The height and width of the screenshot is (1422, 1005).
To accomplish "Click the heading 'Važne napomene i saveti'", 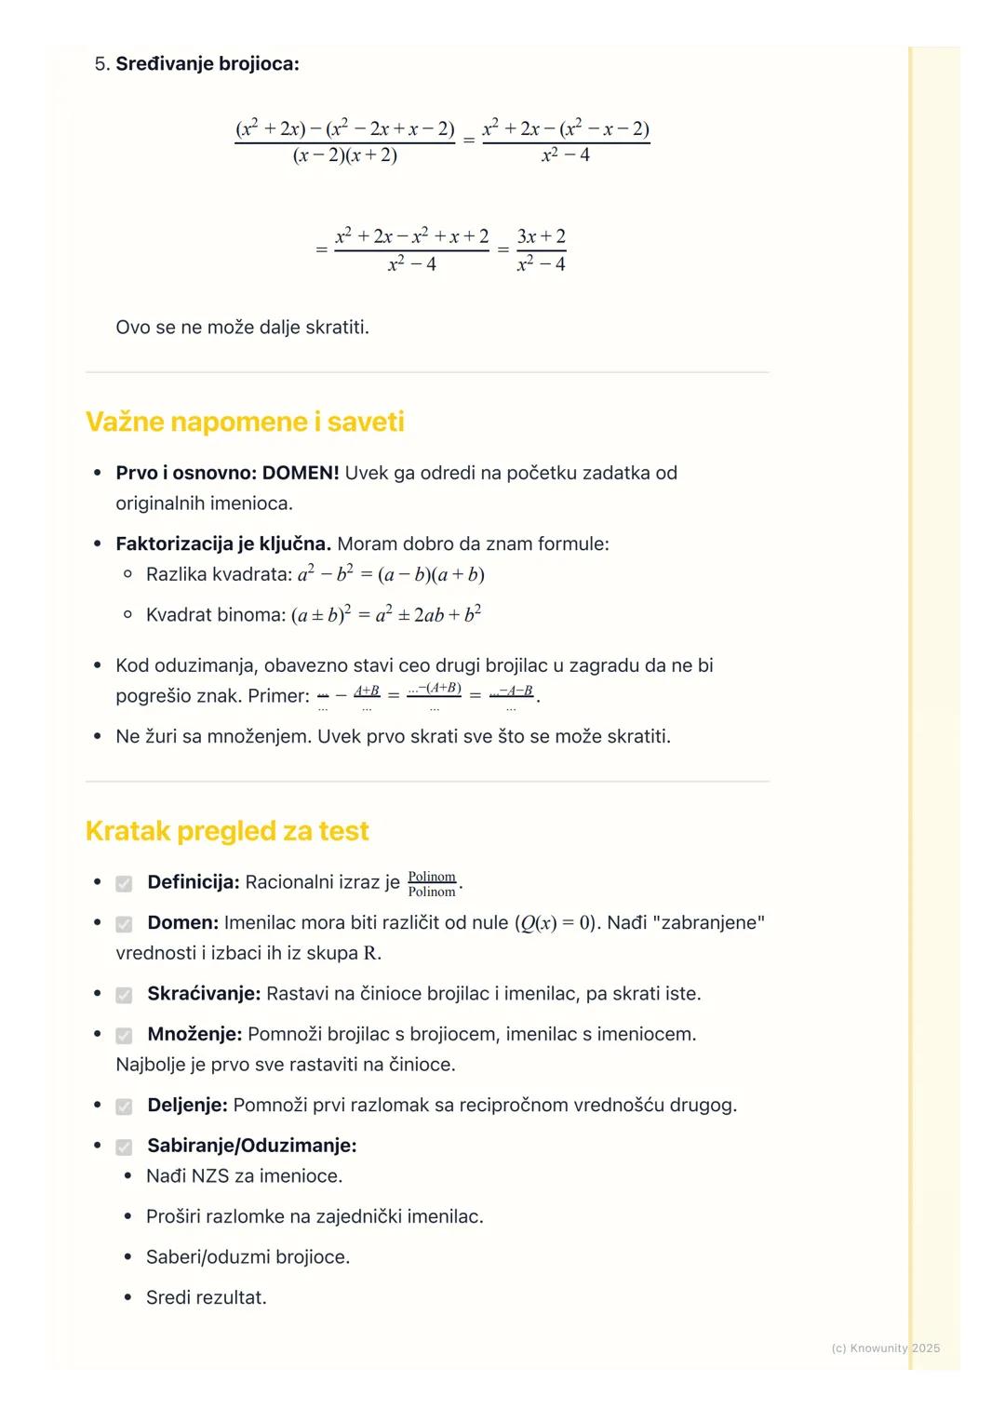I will pyautogui.click(x=245, y=423).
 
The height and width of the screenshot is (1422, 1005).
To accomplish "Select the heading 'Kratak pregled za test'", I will pyautogui.click(x=227, y=831).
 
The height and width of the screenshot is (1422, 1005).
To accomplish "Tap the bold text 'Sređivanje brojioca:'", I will pyautogui.click(x=208, y=64).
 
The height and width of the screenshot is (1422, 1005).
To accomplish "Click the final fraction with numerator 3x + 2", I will pyautogui.click(x=541, y=249).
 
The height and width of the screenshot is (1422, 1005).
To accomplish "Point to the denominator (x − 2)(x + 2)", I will pyautogui.click(x=344, y=155).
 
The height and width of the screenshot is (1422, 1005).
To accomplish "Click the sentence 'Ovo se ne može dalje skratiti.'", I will pyautogui.click(x=242, y=328).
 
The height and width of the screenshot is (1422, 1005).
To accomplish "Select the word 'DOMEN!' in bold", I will pyautogui.click(x=301, y=473).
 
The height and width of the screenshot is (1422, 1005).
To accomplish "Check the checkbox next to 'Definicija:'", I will pyautogui.click(x=124, y=883).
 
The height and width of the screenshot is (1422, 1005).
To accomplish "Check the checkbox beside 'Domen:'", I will pyautogui.click(x=124, y=924).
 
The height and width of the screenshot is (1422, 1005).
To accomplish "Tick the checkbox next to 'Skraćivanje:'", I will pyautogui.click(x=124, y=995).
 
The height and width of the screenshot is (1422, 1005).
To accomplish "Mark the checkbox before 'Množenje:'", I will pyautogui.click(x=124, y=1036).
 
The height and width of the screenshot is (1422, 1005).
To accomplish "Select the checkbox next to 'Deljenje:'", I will pyautogui.click(x=124, y=1107).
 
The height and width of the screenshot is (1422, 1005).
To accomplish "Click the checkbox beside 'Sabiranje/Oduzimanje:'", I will pyautogui.click(x=124, y=1147).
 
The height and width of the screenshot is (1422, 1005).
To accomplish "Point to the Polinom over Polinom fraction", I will pyautogui.click(x=432, y=884).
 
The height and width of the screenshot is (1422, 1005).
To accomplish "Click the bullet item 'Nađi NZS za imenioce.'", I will pyautogui.click(x=244, y=1176).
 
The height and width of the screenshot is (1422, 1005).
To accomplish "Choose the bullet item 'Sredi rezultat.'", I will pyautogui.click(x=206, y=1298).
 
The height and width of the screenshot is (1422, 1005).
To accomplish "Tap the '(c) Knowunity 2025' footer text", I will pyautogui.click(x=885, y=1348).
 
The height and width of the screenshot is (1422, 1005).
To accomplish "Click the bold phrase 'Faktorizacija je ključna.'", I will pyautogui.click(x=223, y=543).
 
